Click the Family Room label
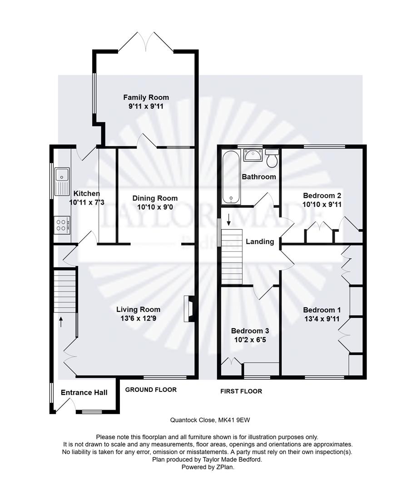(146, 97)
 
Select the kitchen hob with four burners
(62, 224)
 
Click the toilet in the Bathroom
(272, 159)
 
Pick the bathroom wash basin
(251, 155)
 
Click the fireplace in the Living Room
(189, 309)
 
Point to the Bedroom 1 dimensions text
(322, 319)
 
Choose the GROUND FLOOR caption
(151, 390)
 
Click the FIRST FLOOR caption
(241, 391)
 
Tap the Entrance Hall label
(84, 392)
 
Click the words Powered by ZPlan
(208, 467)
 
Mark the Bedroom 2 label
(322, 196)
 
